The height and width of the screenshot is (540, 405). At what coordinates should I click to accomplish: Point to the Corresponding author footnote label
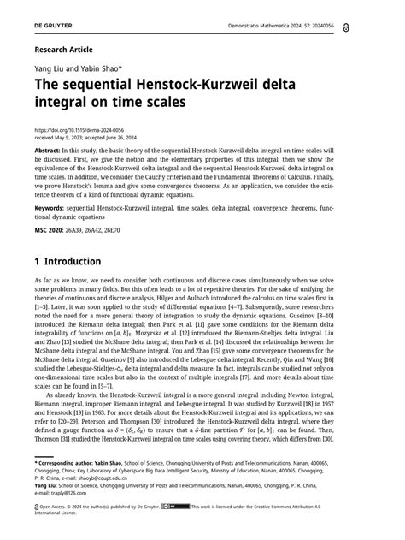click(x=73, y=461)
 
